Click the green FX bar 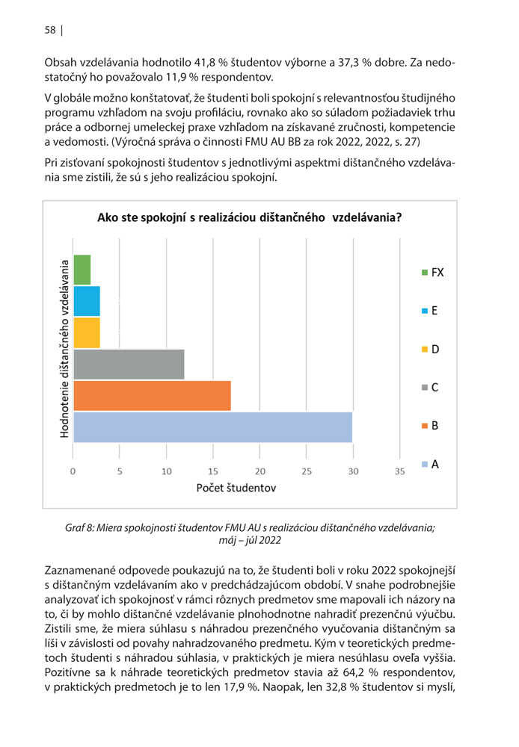tap(82, 270)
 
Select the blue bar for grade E tap(87, 301)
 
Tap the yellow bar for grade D tap(87, 332)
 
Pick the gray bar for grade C tap(129, 364)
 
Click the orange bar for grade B tap(152, 395)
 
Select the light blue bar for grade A tap(212, 427)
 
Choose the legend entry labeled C tap(430, 387)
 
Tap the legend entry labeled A tap(430, 464)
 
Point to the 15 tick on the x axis tap(212, 471)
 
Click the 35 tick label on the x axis tap(400, 471)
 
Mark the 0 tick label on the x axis tap(73, 471)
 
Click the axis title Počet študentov tap(236, 488)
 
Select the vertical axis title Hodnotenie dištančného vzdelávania tap(64, 349)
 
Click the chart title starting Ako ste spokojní tap(250, 217)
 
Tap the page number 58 tap(50, 30)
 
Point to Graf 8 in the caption tap(79, 528)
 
